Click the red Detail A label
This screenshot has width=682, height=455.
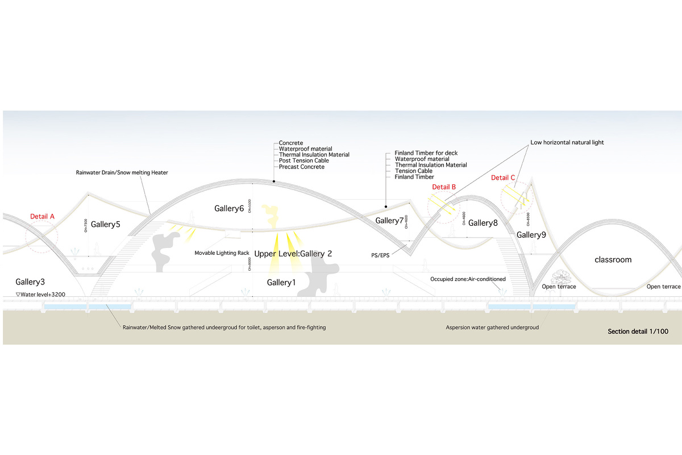43,217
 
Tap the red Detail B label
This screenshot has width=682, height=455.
444,187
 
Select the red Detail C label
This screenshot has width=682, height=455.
503,178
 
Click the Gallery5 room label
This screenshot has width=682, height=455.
105,225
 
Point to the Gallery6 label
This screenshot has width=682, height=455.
229,209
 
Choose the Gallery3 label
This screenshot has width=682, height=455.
30,282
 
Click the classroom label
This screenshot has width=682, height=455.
613,260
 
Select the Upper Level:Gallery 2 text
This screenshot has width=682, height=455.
293,254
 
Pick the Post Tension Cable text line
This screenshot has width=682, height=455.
304,161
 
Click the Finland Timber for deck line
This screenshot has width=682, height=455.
426,154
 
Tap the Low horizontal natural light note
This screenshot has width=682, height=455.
567,143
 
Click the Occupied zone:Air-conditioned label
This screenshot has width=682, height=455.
468,279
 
